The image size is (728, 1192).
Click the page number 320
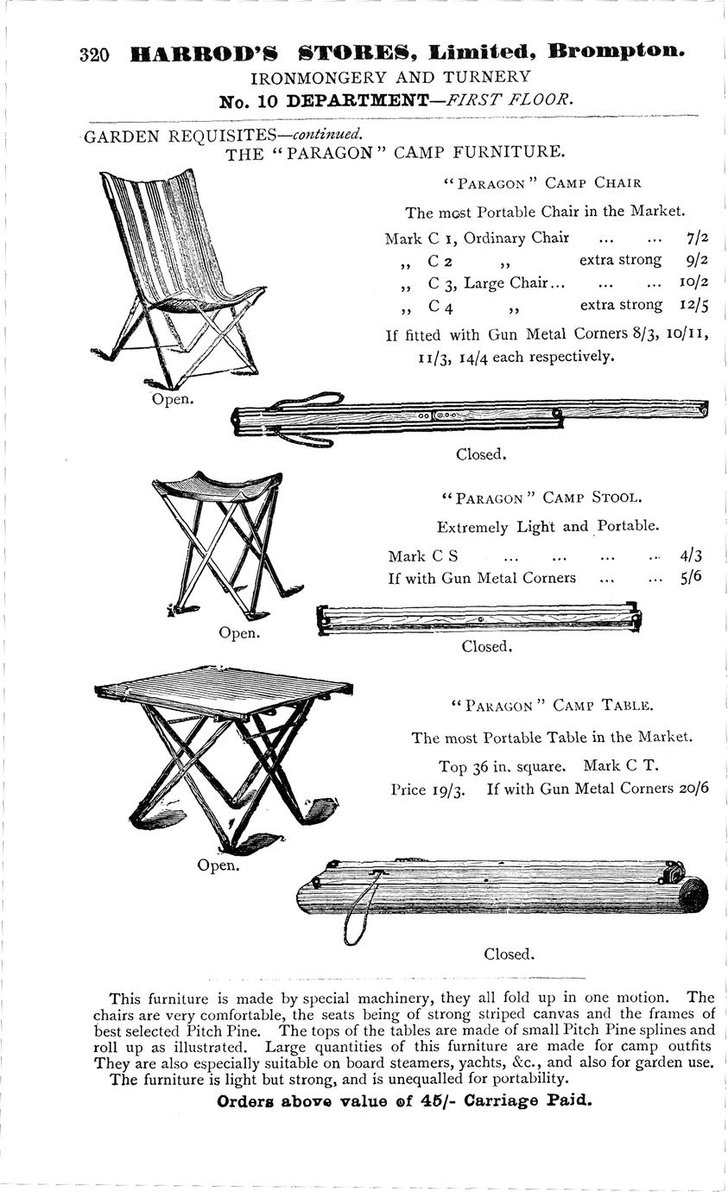click(x=94, y=55)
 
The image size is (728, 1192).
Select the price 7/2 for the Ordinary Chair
click(x=697, y=238)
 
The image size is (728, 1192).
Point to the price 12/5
click(x=693, y=304)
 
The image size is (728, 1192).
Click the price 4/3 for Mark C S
click(x=691, y=556)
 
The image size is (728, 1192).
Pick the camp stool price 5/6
click(x=691, y=577)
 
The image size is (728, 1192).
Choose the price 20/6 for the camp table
click(x=693, y=788)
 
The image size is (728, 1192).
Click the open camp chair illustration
click(x=177, y=276)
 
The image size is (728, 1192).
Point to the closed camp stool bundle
click(x=479, y=618)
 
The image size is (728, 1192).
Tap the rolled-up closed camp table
click(x=501, y=890)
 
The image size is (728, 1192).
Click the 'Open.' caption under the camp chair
click(x=173, y=399)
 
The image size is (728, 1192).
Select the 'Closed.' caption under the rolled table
click(x=509, y=954)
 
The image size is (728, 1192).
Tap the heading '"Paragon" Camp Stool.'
click(x=541, y=498)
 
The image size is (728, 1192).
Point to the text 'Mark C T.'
click(x=622, y=765)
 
